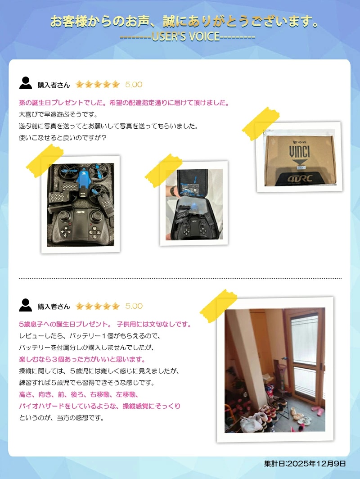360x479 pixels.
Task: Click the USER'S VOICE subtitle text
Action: [188, 37]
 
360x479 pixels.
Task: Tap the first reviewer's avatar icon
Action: [25, 83]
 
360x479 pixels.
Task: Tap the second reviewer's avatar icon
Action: [25, 305]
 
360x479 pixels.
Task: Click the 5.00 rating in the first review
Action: [134, 85]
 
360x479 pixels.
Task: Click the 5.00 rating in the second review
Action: [134, 306]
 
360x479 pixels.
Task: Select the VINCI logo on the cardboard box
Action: [299, 152]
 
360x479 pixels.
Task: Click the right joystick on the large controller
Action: [96, 215]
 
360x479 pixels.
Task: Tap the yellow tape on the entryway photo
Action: [219, 306]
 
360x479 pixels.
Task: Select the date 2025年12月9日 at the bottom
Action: [305, 463]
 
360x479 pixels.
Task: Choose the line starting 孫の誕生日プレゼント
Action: [124, 103]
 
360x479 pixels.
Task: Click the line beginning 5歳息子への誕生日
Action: [105, 324]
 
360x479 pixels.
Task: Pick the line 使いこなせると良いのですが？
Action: [63, 138]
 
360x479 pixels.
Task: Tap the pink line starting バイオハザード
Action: [100, 406]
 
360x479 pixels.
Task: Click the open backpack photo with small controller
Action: [194, 203]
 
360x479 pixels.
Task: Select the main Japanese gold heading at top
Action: [184, 22]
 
